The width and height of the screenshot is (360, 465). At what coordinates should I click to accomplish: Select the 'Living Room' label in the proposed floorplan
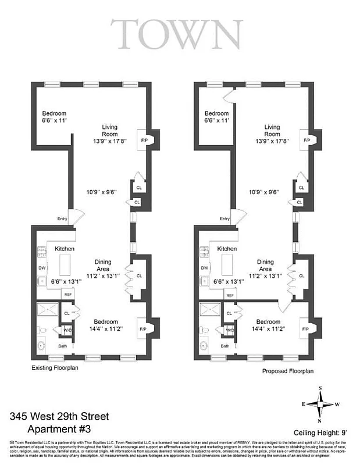click(x=272, y=131)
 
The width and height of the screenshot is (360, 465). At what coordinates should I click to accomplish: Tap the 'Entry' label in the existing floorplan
click(x=62, y=219)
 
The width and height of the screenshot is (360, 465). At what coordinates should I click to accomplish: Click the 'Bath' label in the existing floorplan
click(x=63, y=346)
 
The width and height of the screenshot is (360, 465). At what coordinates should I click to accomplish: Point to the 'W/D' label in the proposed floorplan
click(x=230, y=330)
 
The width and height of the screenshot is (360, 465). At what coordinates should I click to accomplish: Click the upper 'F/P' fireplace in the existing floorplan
click(x=144, y=140)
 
